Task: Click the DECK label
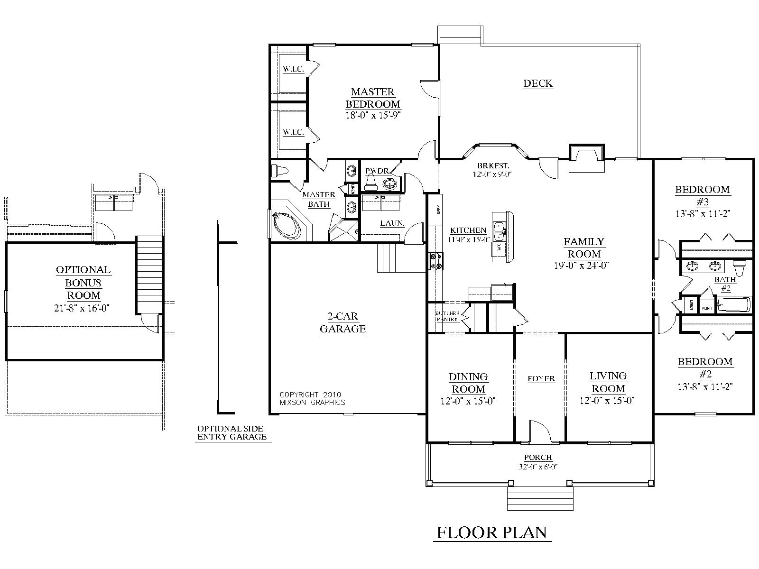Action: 538,83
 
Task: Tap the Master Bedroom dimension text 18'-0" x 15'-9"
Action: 372,115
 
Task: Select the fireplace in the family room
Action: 586,158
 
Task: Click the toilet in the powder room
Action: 371,182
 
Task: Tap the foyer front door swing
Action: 539,432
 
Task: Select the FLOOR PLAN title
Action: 492,532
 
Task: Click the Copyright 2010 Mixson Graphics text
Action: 312,398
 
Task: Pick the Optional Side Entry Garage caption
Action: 231,433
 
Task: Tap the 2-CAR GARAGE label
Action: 342,322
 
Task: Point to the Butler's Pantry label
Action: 447,316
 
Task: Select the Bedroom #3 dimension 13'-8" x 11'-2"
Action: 702,214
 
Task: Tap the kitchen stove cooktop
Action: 435,261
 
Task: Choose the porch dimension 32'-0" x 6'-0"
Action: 538,467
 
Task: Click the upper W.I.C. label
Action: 293,69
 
